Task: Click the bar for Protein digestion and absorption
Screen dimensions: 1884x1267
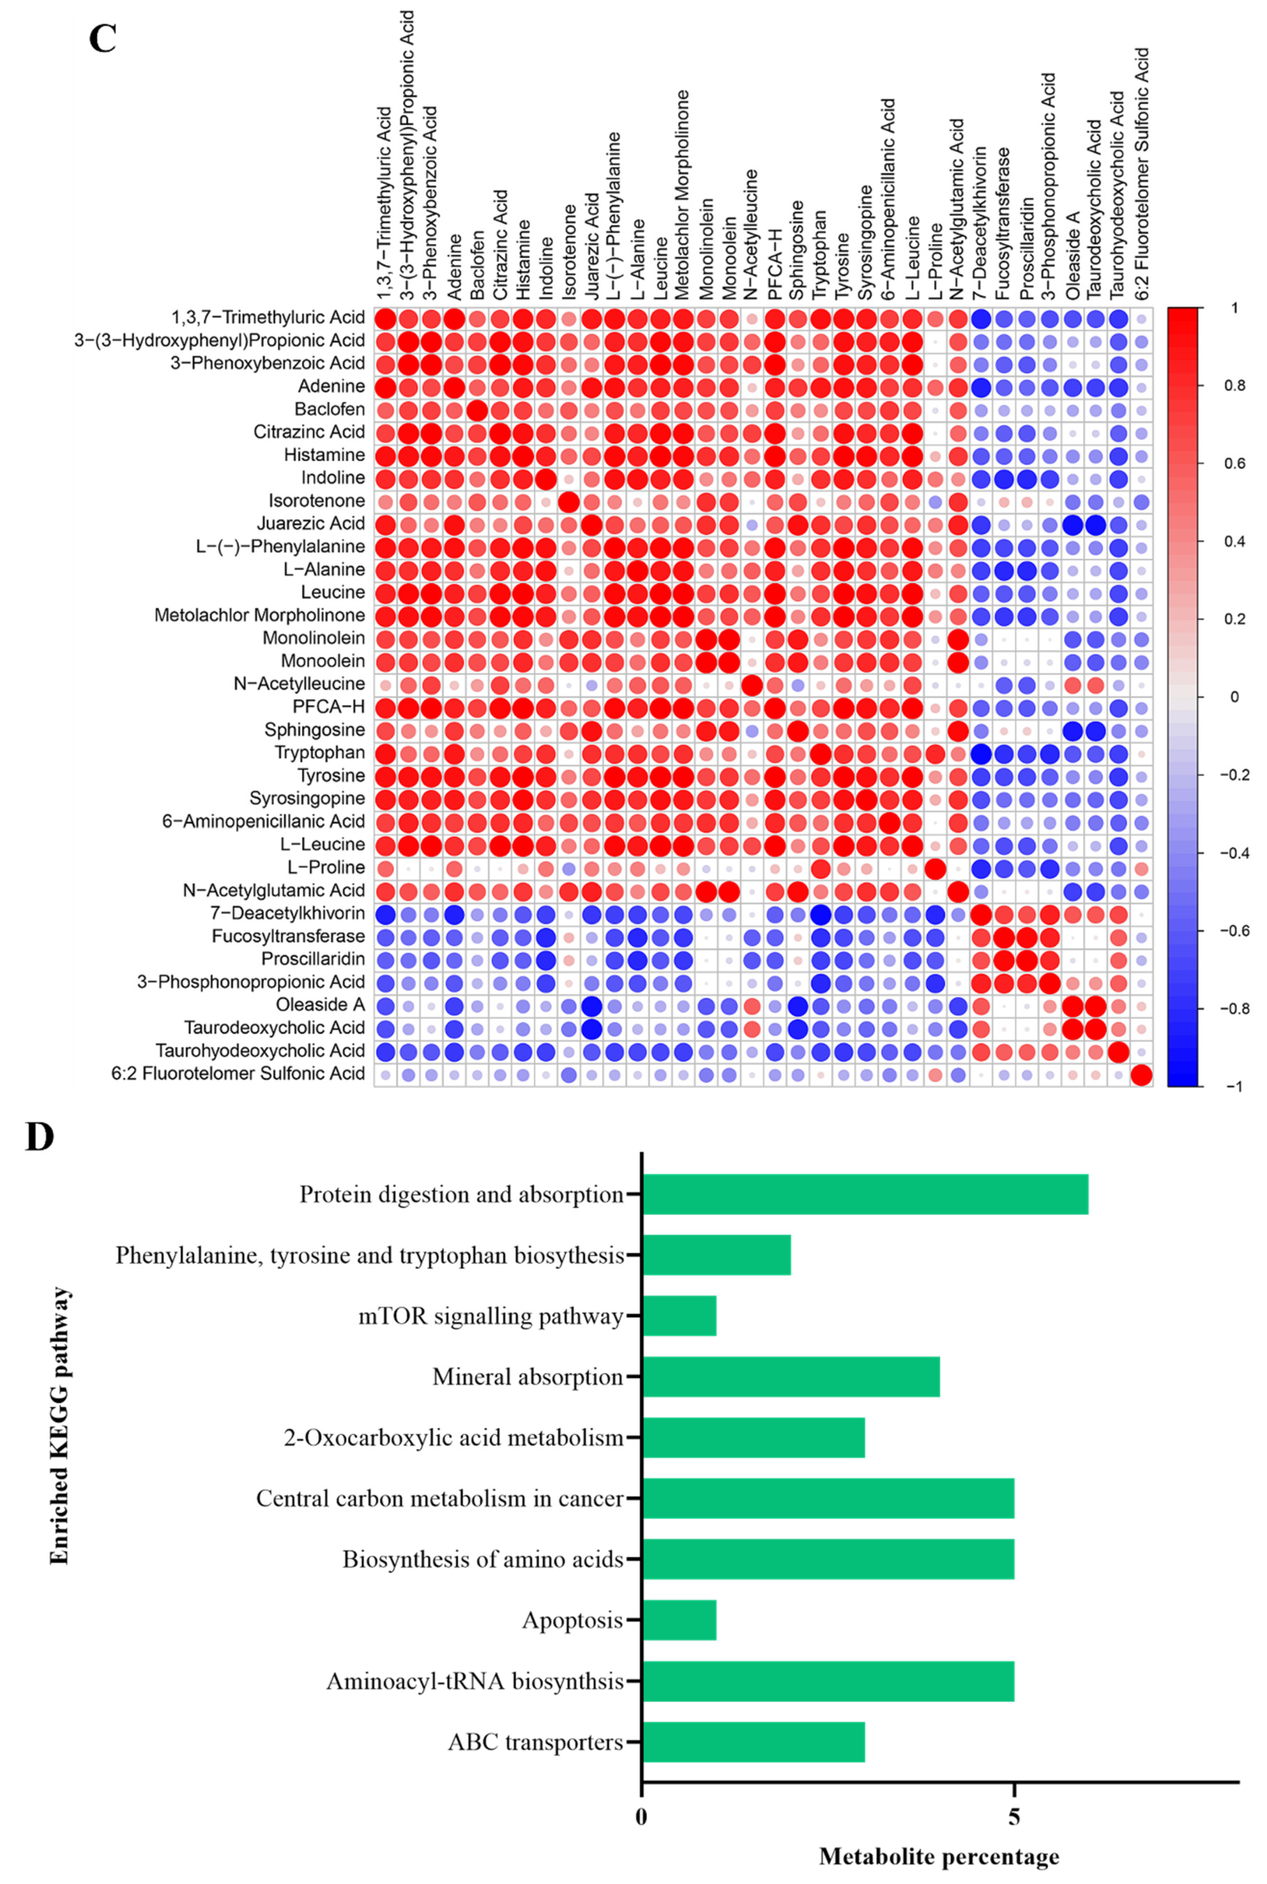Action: pyautogui.click(x=864, y=1194)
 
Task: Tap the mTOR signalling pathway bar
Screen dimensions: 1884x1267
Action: pyautogui.click(x=679, y=1316)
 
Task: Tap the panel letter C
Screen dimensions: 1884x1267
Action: pyautogui.click(x=103, y=39)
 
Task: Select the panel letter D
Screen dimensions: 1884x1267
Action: pyautogui.click(x=40, y=1137)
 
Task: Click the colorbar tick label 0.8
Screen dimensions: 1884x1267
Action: pyautogui.click(x=1212, y=386)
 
